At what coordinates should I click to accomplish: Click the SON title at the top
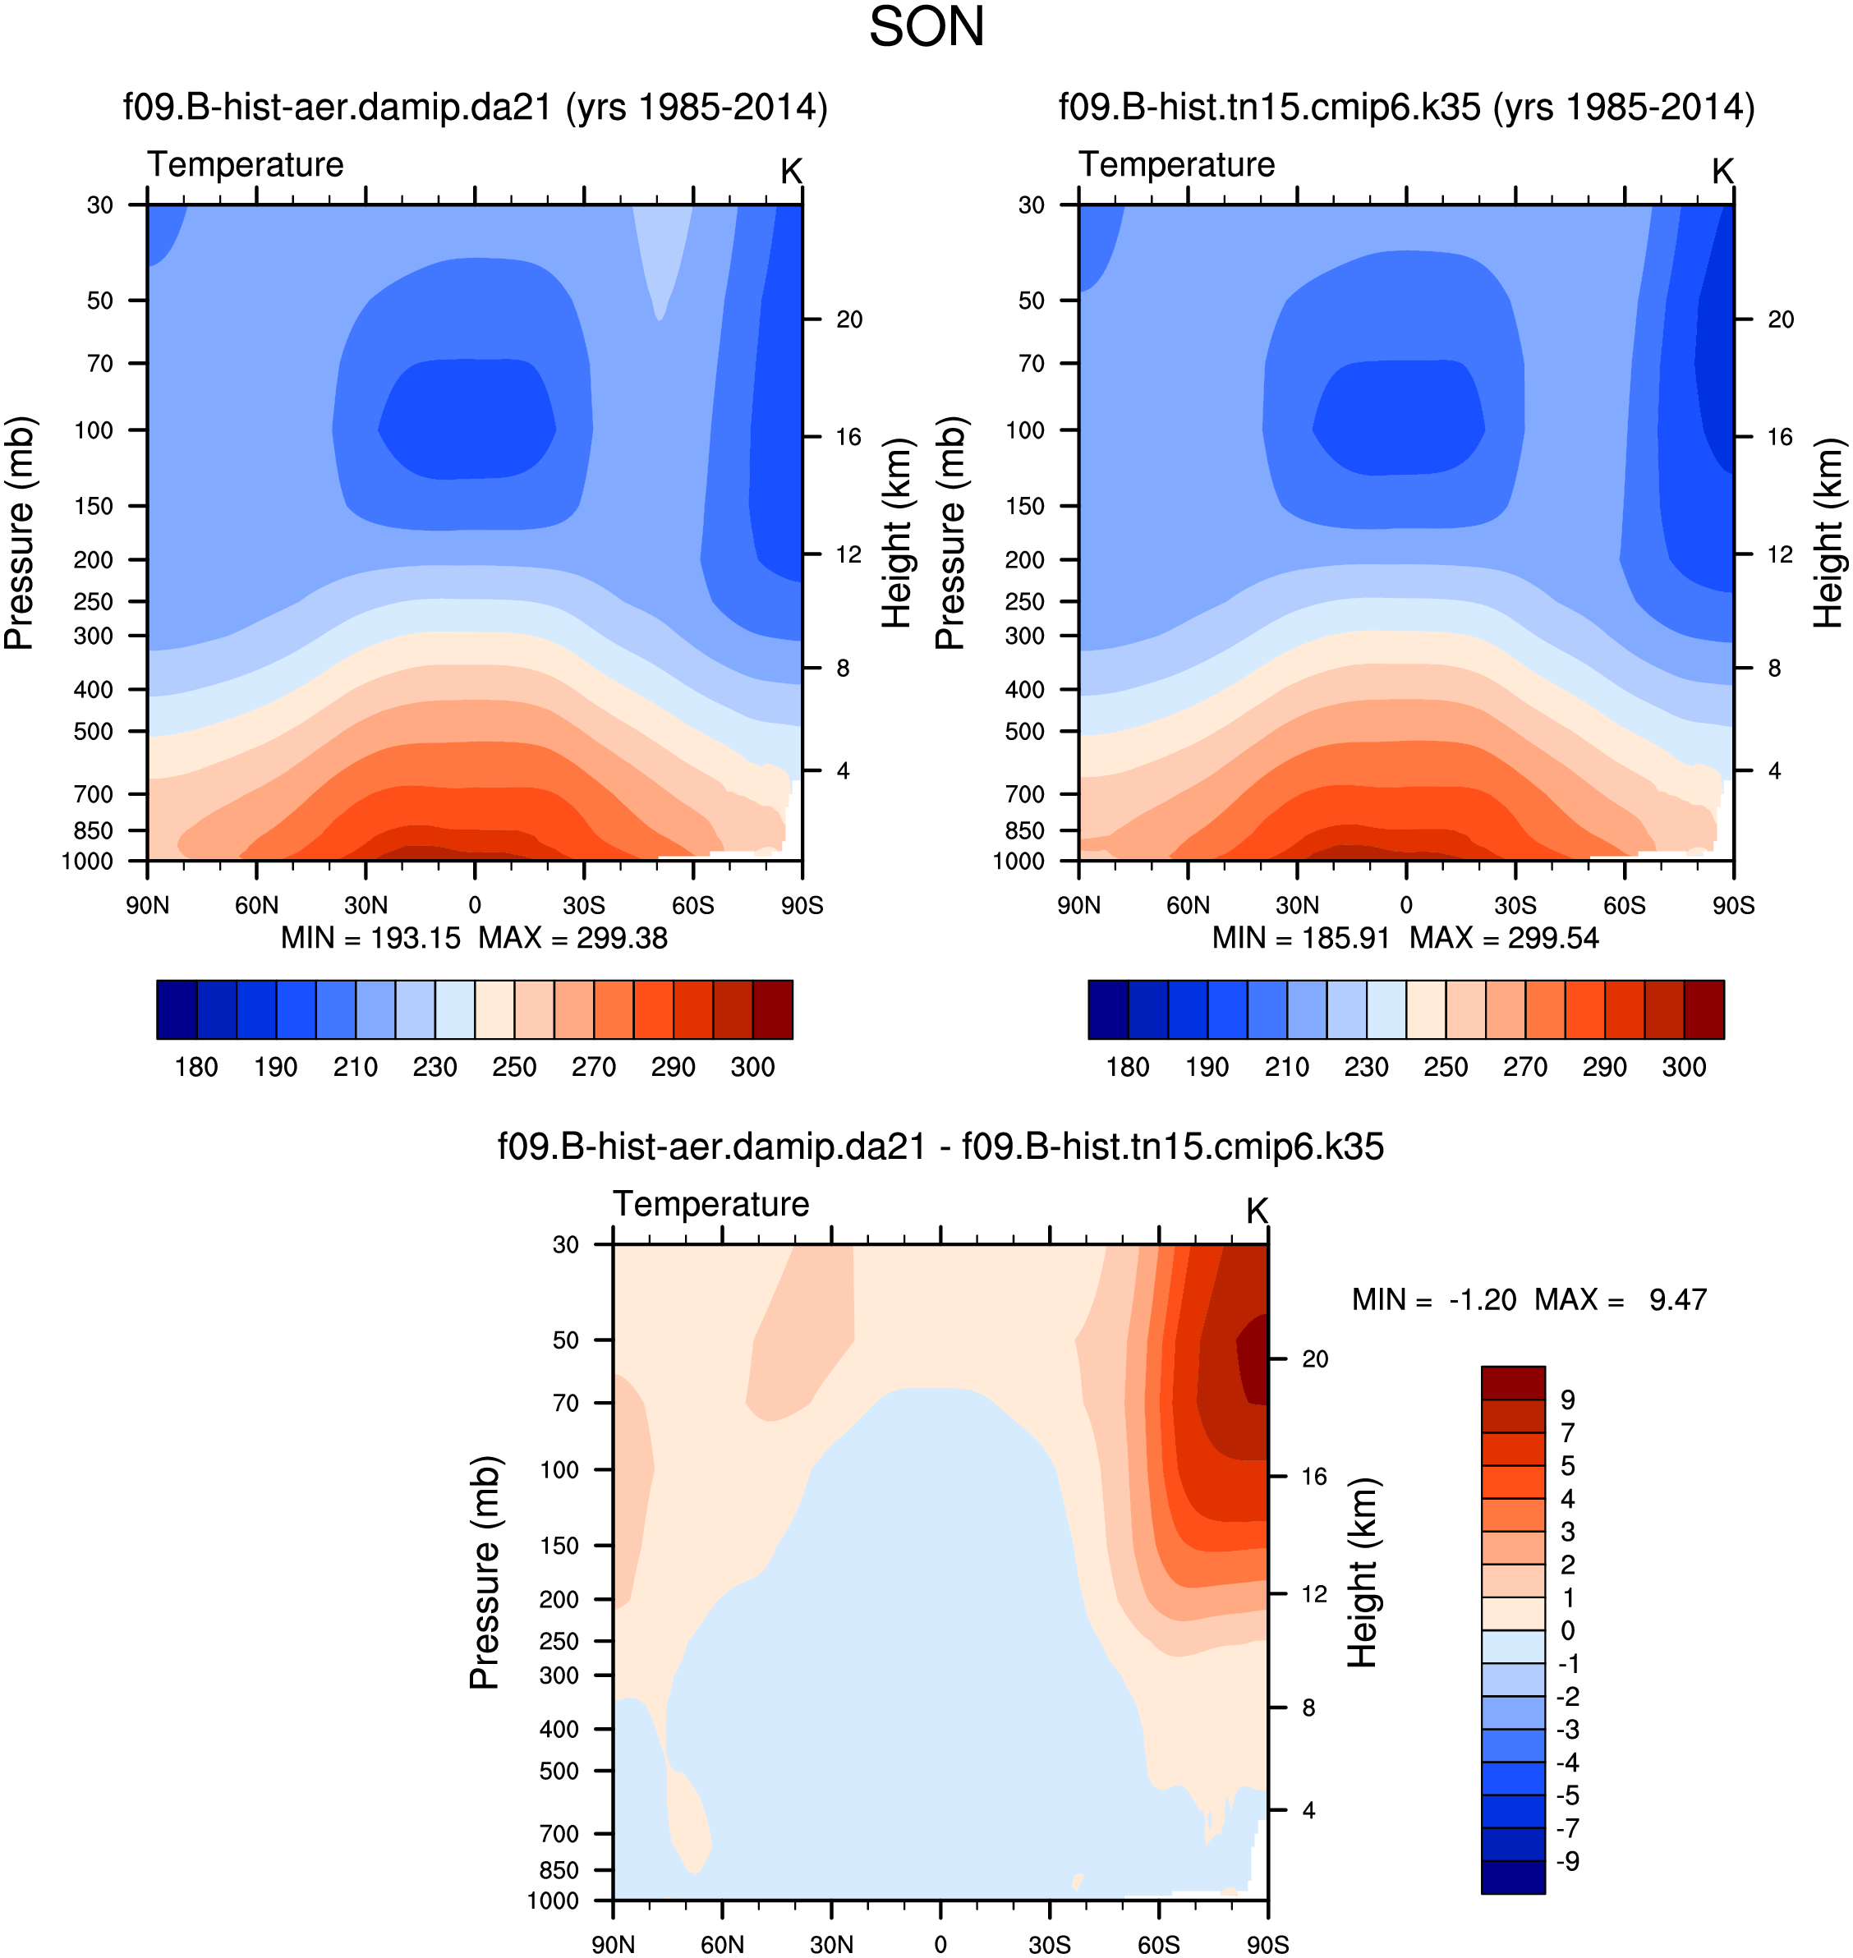tap(926, 28)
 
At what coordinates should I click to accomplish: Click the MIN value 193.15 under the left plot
tap(415, 937)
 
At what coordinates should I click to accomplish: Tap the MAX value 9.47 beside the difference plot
tap(1677, 1299)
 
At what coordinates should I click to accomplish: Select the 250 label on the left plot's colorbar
tap(513, 1067)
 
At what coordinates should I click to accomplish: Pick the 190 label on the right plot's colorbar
tap(1207, 1067)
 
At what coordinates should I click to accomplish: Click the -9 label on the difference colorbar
tap(1567, 1861)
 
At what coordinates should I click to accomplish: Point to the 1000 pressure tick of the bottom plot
tap(552, 1901)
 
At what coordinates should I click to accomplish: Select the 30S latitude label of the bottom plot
tap(1049, 1944)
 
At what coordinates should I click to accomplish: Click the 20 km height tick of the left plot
tap(848, 319)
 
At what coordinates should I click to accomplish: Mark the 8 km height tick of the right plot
tap(1774, 668)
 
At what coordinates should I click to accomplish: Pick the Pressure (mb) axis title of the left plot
tap(20, 534)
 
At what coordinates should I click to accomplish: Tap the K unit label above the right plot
tap(1722, 171)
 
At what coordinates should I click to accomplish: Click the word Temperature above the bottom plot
tap(711, 1203)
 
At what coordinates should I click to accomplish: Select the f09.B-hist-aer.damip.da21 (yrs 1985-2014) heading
tap(475, 107)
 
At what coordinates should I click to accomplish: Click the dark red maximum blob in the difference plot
tap(1253, 1358)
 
